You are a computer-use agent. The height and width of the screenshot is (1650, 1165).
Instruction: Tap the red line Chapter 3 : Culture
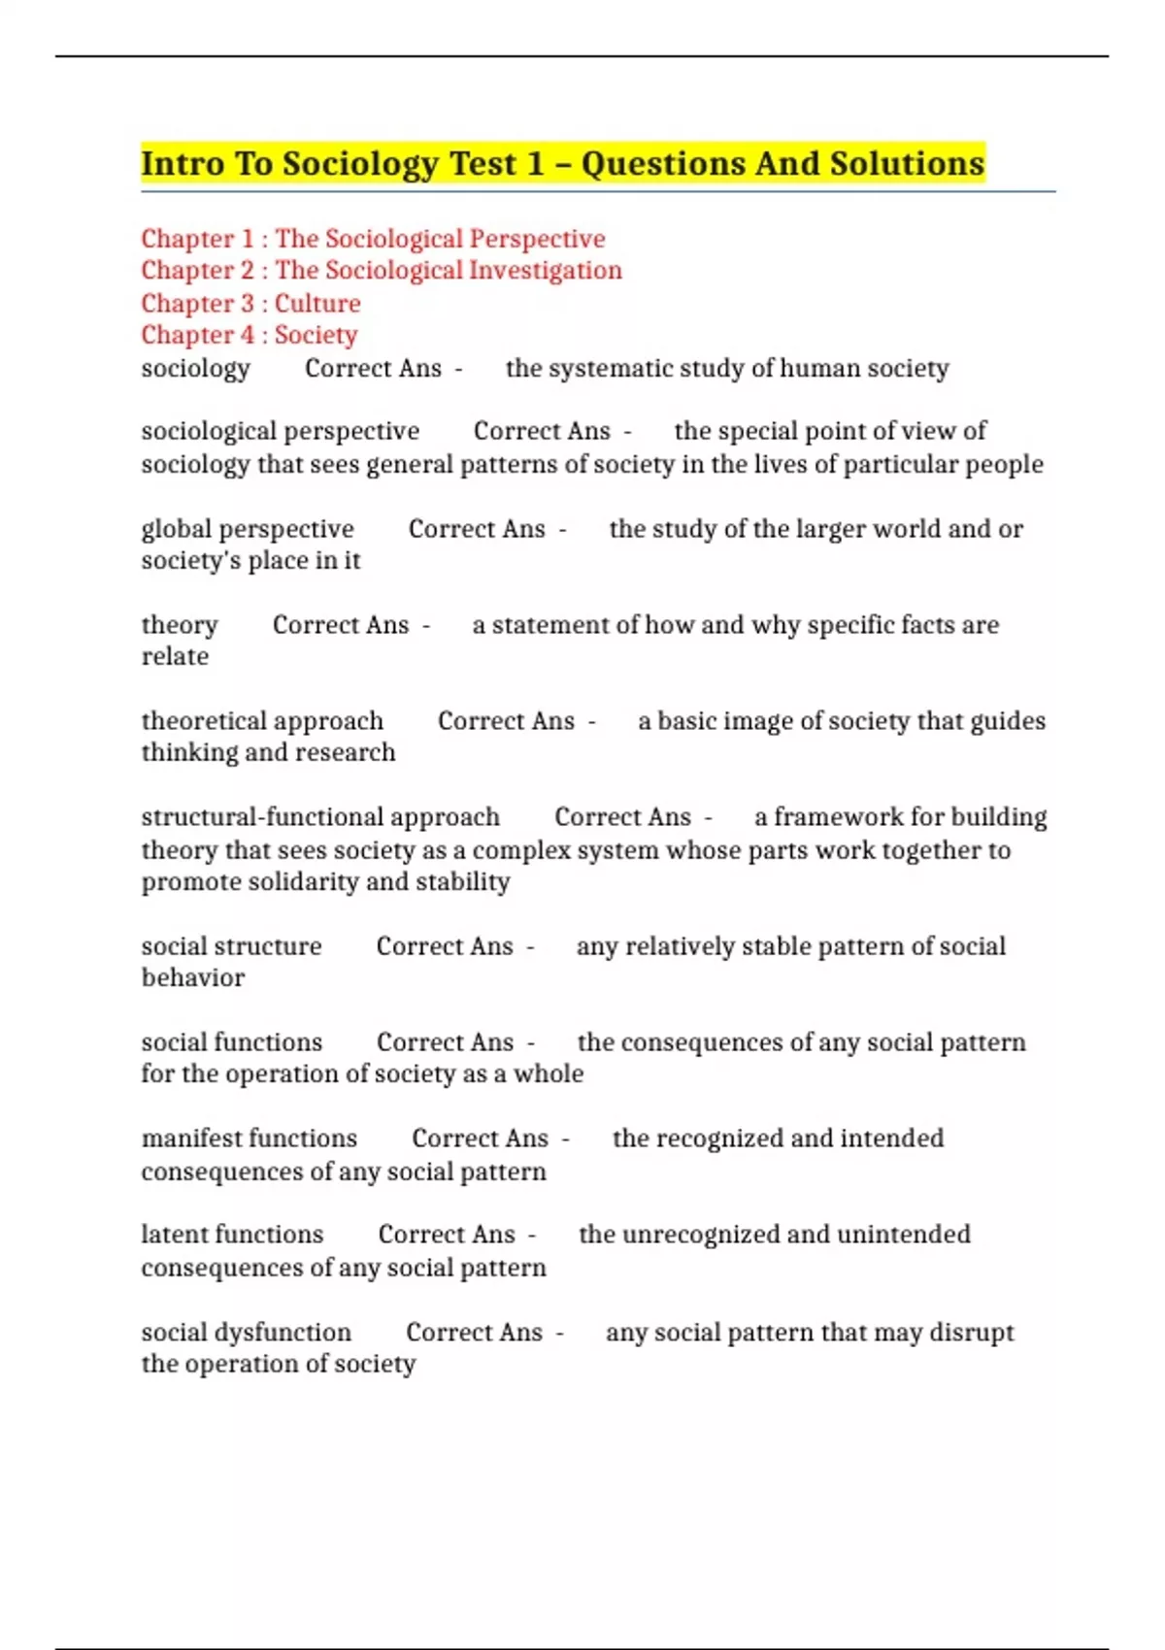(x=250, y=303)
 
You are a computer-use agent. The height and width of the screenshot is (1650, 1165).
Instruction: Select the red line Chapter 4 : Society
(x=250, y=335)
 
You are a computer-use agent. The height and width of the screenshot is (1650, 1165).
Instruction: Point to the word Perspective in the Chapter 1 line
(x=537, y=239)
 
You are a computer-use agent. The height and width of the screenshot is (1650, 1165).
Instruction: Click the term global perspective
(x=248, y=529)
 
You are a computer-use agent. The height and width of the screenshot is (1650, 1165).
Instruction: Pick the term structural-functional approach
(x=320, y=817)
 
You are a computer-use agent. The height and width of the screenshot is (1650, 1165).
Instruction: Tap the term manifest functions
(x=250, y=1138)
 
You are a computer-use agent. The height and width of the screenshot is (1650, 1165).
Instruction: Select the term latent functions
(x=232, y=1234)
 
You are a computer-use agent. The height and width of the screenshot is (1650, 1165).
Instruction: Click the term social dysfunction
(x=247, y=1332)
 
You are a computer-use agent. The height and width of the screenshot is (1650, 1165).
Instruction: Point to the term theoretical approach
(x=262, y=721)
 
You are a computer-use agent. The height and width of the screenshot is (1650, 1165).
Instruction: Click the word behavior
(x=193, y=977)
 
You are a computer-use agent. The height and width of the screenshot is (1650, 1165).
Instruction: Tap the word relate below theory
(x=176, y=657)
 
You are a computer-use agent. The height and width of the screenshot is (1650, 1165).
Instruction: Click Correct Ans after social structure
(x=445, y=946)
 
